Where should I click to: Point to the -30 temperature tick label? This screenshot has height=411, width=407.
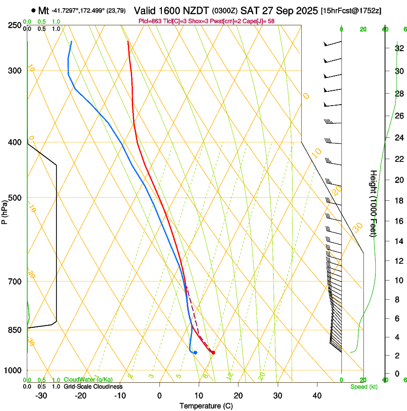coord(41,396)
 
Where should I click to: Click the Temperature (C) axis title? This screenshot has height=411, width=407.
coord(206,406)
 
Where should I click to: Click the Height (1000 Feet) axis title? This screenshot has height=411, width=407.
coord(373,203)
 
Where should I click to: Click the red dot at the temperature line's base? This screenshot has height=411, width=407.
coord(213,353)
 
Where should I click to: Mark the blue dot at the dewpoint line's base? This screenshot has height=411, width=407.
coord(195,353)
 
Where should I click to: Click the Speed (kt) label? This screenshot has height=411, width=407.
coord(363,387)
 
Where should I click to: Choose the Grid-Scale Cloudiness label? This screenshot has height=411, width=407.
coord(93,386)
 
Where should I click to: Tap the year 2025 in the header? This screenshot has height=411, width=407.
coord(303,11)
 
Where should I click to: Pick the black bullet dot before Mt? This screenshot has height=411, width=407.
coord(33,10)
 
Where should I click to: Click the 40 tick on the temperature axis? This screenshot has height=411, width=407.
coord(317,396)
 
